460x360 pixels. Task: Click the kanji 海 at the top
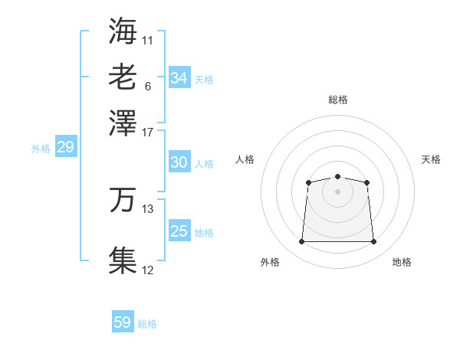[x=123, y=30]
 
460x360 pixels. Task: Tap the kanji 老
[x=123, y=77]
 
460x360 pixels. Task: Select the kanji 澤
[x=123, y=122]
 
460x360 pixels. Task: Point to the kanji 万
[x=123, y=200]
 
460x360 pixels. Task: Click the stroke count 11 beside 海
[x=148, y=40]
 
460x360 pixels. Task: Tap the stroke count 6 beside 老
[x=148, y=86]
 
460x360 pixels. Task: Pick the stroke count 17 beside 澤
[x=148, y=131]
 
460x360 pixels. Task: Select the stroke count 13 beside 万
[x=148, y=209]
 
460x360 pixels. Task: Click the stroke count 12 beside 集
[x=148, y=270]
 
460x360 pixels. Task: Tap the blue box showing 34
[x=179, y=78]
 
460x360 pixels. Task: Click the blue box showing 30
[x=179, y=162]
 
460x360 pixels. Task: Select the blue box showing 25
[x=179, y=231]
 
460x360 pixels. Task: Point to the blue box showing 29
[x=65, y=148]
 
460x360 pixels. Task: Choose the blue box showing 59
[x=123, y=322]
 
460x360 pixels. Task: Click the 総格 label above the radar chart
[x=338, y=100]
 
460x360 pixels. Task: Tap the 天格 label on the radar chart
[x=431, y=159]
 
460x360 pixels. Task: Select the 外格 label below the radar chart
[x=270, y=262]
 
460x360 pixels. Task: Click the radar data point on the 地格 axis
[x=374, y=242]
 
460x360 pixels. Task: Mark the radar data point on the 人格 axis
[x=308, y=182]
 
